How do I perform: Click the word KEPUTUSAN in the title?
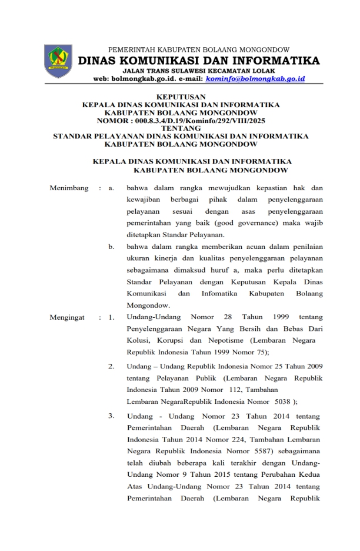click(x=181, y=96)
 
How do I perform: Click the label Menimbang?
click(x=69, y=188)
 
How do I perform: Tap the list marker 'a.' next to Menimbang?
click(x=111, y=188)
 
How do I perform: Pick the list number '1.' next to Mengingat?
click(x=111, y=318)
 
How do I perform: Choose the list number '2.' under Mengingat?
click(x=111, y=366)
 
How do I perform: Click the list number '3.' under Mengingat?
click(x=111, y=416)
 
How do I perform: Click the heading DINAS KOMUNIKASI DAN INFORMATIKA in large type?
click(x=198, y=61)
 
